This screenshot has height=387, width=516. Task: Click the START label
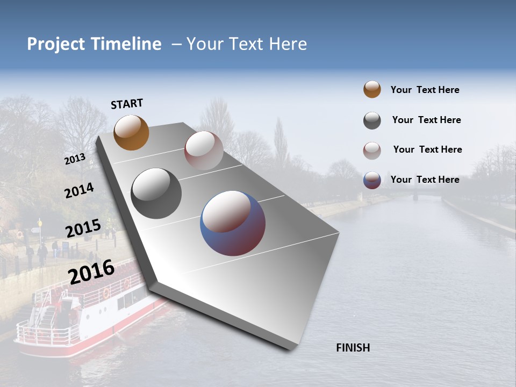(127, 104)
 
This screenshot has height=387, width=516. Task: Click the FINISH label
(353, 348)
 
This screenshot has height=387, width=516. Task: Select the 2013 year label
(75, 159)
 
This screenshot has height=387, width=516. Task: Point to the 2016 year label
(91, 271)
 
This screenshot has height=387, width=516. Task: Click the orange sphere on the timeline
(131, 132)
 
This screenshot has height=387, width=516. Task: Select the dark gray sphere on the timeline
(156, 193)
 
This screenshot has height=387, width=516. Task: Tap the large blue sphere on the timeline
(233, 223)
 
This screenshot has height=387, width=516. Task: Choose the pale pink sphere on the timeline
(204, 150)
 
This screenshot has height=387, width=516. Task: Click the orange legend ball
(372, 90)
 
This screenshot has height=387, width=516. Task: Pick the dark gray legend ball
(372, 120)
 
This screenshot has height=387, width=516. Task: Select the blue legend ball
(372, 180)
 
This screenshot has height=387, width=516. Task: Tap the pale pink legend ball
(372, 150)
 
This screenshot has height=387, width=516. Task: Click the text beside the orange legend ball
(425, 90)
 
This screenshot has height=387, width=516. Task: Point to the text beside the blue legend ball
(425, 180)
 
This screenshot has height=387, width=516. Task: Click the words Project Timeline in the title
(94, 44)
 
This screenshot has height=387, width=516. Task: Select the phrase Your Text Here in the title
(247, 44)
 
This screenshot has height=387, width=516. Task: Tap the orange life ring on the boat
(106, 293)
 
